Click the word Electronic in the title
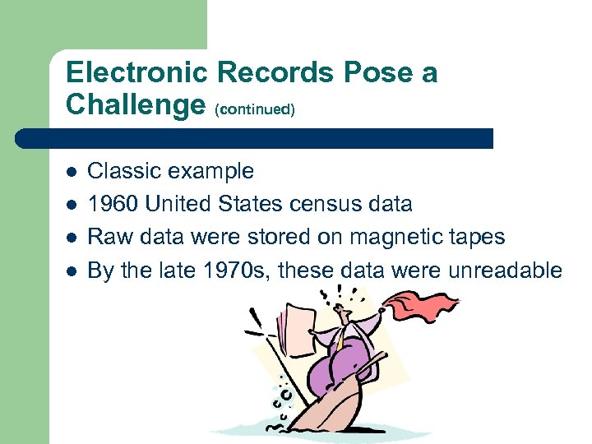pos(136,73)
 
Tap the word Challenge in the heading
pos(134,104)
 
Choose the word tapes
pos(475,238)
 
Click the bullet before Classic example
pos(72,173)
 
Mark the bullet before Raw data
pos(72,238)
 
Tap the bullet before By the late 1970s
pos(72,271)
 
